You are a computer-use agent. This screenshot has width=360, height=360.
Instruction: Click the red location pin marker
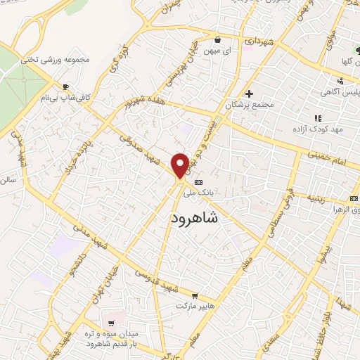point(180,165)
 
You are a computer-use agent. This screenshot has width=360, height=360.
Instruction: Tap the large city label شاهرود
point(195,219)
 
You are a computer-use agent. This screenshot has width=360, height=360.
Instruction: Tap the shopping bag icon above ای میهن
point(218,39)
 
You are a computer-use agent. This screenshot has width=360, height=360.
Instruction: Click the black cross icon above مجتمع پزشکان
point(248,94)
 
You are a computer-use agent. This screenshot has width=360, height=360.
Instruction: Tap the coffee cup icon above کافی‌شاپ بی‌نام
point(65,87)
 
